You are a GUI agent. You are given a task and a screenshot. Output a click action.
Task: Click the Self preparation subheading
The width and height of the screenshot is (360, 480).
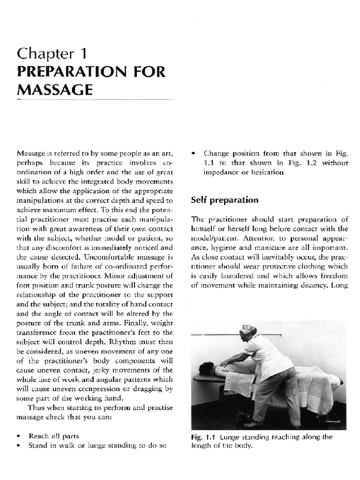point(225,200)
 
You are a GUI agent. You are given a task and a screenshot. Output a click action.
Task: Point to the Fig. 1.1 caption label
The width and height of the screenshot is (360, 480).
point(204,437)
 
